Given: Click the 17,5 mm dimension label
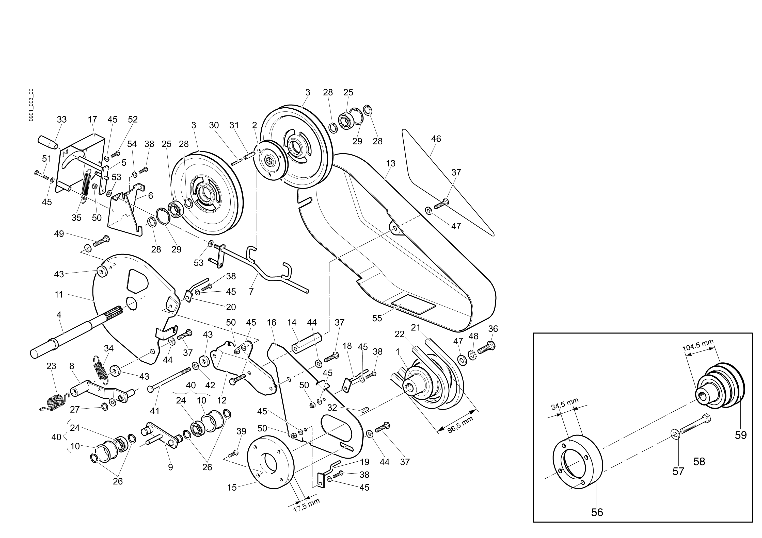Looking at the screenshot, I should [306, 506].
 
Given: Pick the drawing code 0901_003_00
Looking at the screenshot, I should [31, 105].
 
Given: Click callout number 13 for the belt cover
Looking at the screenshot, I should [391, 163].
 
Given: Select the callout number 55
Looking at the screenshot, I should [377, 318].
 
